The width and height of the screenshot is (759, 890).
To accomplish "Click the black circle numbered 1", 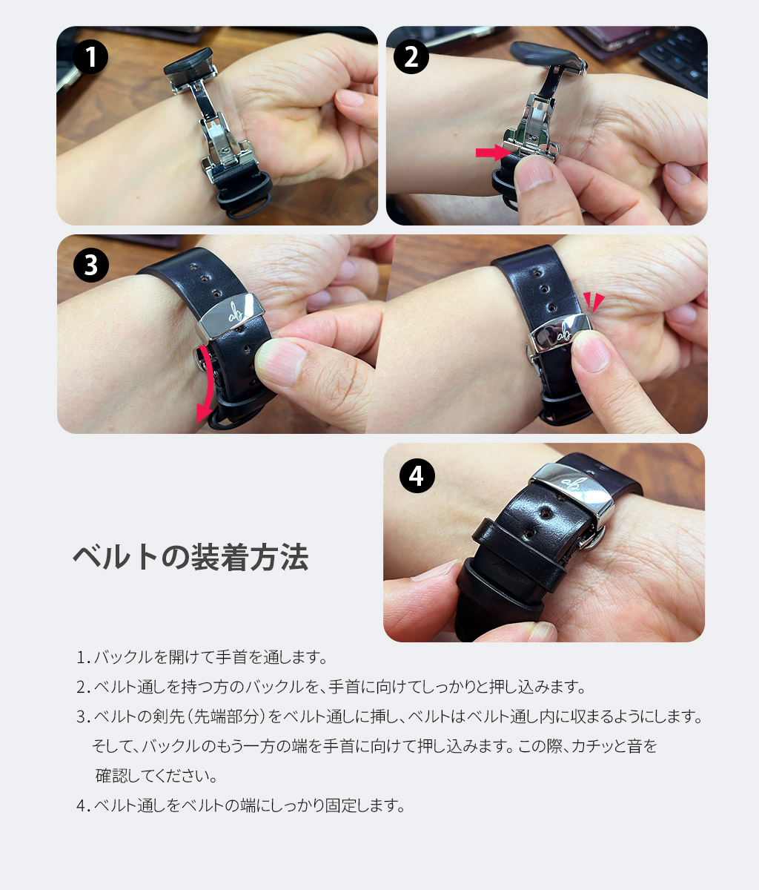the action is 90,56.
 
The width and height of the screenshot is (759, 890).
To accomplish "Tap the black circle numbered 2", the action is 411,56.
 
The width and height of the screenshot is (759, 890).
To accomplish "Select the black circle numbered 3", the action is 91,265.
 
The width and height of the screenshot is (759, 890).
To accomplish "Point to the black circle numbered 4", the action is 417,476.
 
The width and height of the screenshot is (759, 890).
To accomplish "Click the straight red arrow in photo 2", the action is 493,153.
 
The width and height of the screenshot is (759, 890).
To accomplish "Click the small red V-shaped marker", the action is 594,301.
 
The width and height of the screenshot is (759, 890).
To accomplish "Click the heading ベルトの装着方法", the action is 190,558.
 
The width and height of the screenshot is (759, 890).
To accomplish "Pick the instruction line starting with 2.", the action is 331,687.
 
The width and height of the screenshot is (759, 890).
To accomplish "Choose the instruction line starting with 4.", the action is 241,805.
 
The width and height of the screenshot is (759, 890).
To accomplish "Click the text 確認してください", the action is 156,776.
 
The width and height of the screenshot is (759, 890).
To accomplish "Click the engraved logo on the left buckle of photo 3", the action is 236,311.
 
